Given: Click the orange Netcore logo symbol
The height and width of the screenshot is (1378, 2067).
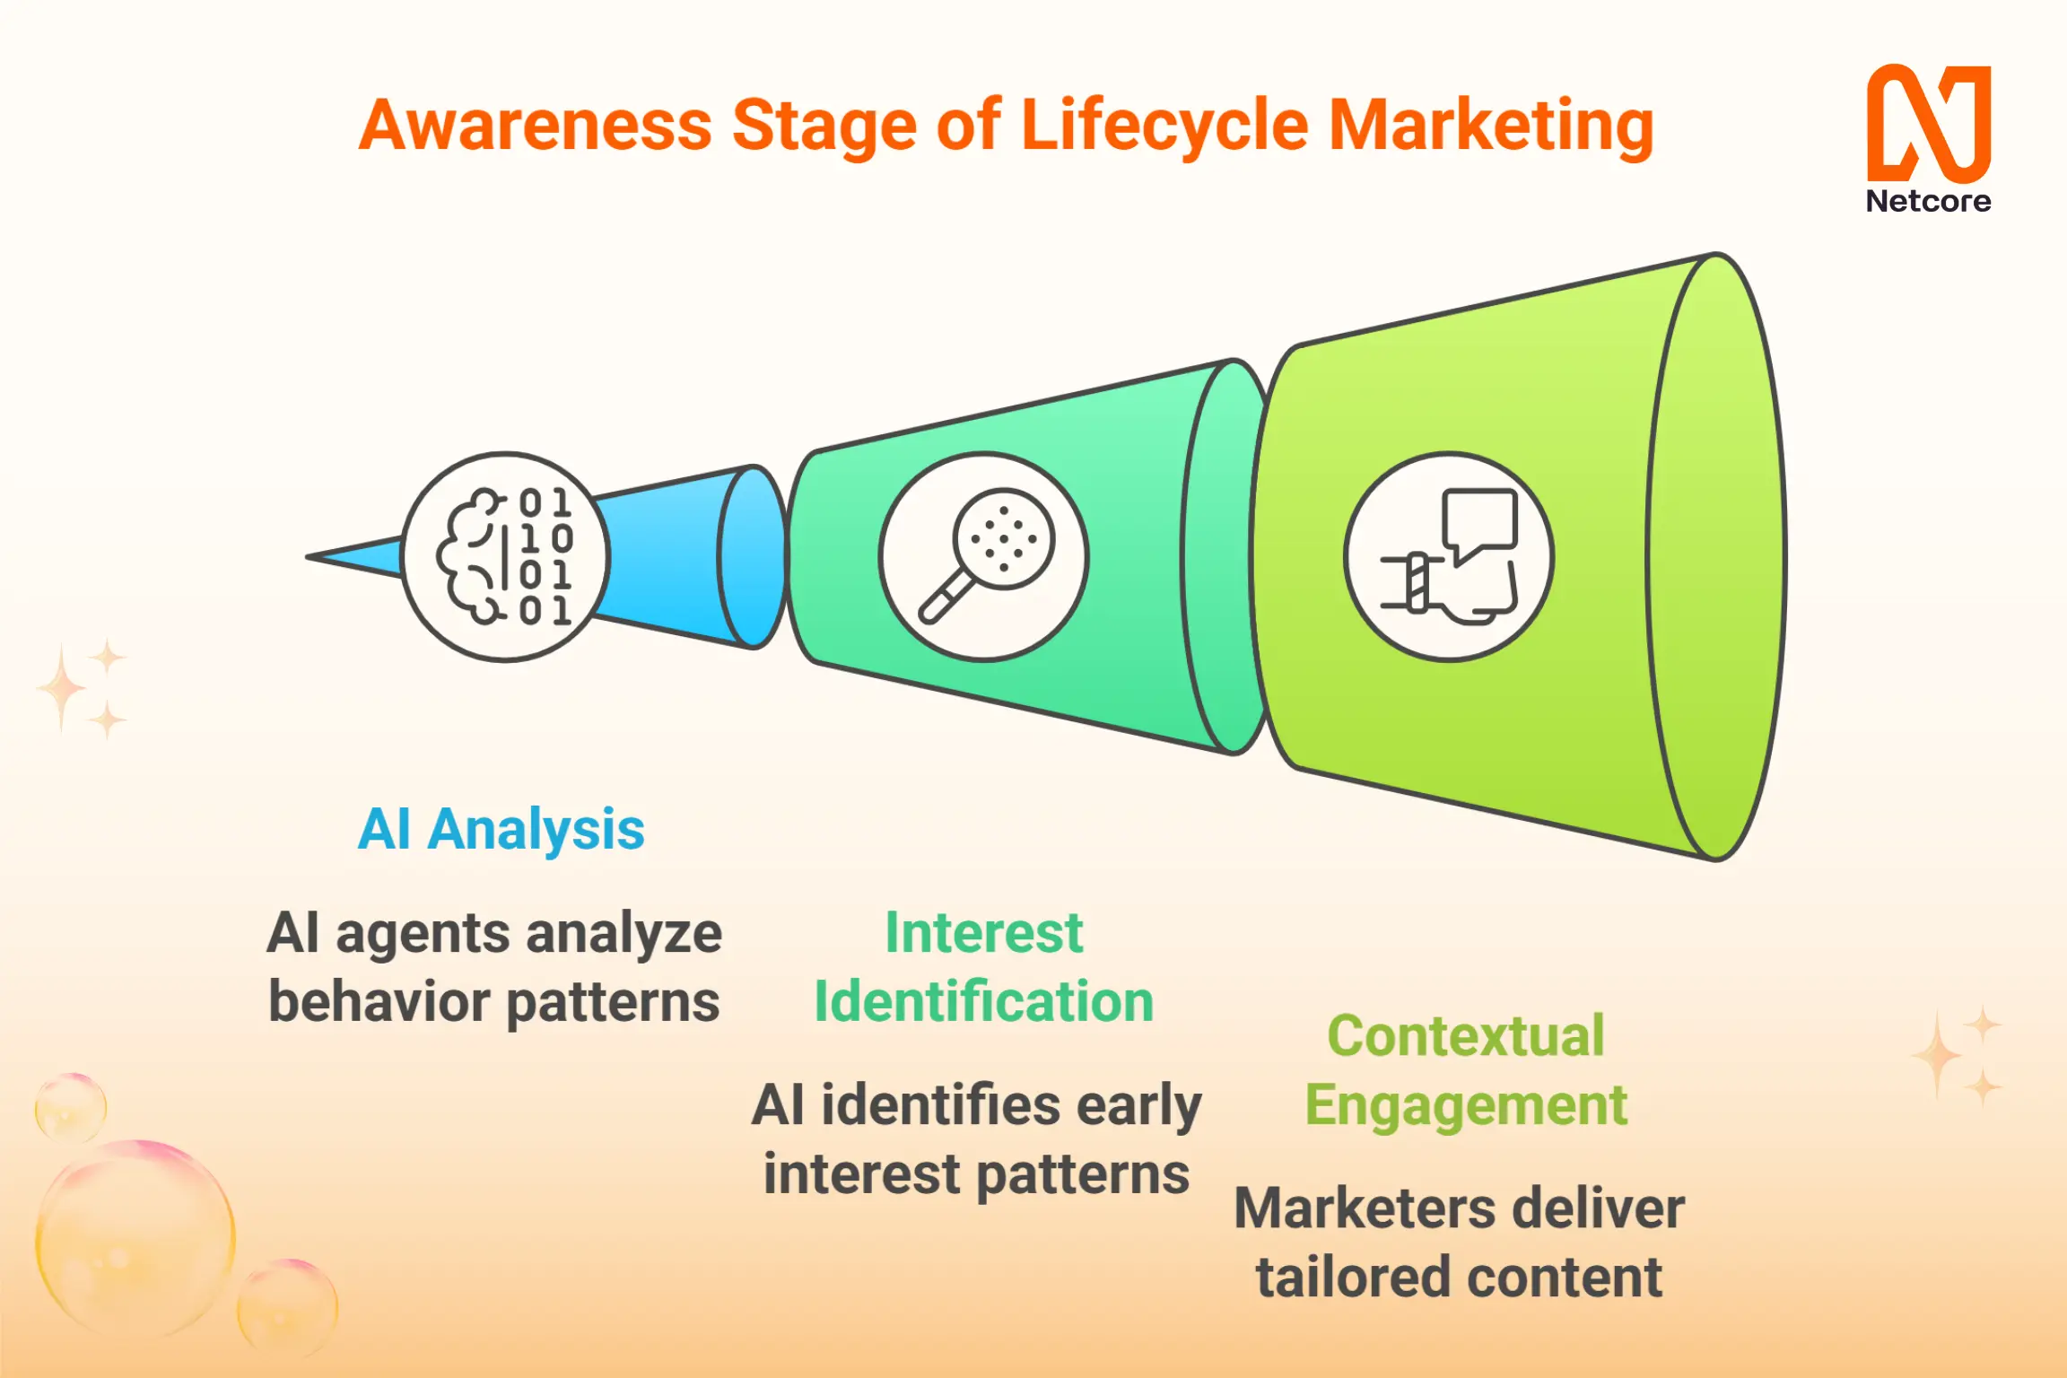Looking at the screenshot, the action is (x=1929, y=123).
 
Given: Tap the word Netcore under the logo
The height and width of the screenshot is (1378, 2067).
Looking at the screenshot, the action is (x=1929, y=201).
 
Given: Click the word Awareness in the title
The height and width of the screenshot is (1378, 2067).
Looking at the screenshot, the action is (x=536, y=125).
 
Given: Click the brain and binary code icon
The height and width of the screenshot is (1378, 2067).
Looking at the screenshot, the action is (x=506, y=556).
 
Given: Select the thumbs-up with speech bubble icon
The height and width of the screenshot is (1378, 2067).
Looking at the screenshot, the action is (x=1449, y=556).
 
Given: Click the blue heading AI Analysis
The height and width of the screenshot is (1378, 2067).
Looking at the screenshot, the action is (x=501, y=829).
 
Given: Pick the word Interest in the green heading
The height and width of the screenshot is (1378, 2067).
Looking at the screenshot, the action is (x=984, y=933).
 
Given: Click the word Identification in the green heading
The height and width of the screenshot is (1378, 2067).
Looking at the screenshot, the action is (x=984, y=1001).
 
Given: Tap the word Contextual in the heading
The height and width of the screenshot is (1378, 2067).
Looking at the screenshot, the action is (x=1466, y=1035).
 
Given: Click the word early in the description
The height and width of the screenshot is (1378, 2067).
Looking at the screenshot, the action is (x=1139, y=1107).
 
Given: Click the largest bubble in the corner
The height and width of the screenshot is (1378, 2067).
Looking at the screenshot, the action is (x=135, y=1238).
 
